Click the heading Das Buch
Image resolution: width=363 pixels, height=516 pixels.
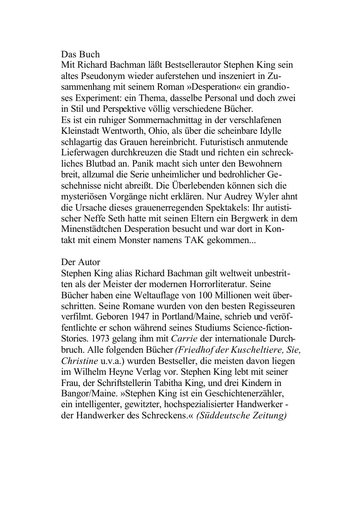tap(80, 54)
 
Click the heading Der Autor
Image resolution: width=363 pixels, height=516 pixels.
tap(80, 262)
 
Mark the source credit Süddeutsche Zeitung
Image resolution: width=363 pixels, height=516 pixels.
tap(242, 415)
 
